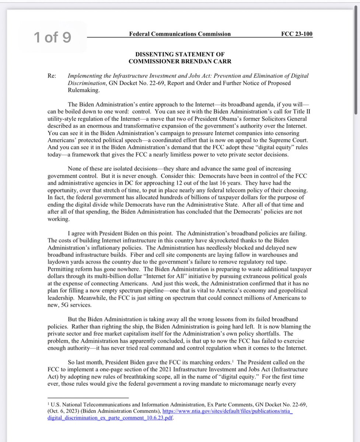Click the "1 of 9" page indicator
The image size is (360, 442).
tap(52, 37)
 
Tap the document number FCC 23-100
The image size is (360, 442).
tap(297, 34)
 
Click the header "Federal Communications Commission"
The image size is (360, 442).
tap(180, 34)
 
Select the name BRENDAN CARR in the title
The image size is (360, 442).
tap(199, 61)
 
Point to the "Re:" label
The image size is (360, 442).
tap(52, 76)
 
